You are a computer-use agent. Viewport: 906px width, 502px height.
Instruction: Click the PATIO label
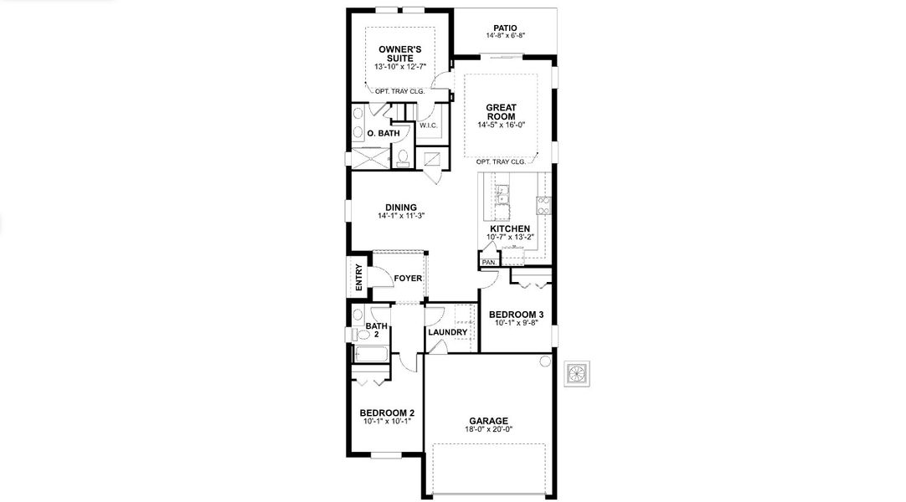[505, 28]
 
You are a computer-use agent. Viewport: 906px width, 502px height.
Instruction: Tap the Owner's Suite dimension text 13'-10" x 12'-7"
[399, 65]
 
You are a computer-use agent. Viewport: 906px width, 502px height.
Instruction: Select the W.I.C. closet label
[429, 125]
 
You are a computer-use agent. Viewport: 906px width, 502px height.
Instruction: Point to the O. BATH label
[383, 133]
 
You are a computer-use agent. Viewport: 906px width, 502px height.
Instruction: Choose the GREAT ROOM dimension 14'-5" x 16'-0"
[501, 125]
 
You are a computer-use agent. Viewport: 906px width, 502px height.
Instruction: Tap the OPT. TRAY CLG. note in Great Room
[501, 161]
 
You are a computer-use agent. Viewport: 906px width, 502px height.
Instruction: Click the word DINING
[401, 207]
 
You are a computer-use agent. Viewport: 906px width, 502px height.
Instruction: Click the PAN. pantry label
[489, 263]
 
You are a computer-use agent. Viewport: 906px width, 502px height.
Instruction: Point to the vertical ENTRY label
[359, 277]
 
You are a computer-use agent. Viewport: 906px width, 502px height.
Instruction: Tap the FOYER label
[408, 279]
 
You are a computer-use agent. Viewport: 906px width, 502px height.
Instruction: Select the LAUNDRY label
[447, 332]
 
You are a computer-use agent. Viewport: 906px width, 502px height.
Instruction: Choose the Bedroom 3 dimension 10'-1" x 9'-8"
[516, 322]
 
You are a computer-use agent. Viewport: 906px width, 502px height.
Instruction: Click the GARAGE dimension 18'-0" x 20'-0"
[488, 429]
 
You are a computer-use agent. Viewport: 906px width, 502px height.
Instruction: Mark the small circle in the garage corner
[545, 361]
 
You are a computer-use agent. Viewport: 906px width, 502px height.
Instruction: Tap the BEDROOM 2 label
[387, 412]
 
